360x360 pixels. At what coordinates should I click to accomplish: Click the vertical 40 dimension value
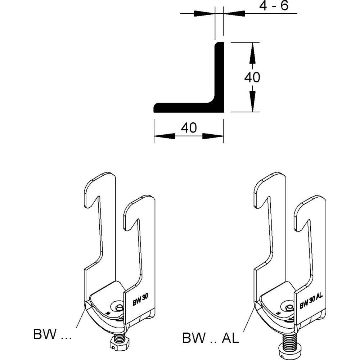coord(252,77)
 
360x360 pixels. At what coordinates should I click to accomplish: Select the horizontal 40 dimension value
coord(189,128)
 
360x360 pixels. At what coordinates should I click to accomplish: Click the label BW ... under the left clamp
coord(53,335)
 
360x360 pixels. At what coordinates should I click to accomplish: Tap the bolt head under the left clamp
coord(119,345)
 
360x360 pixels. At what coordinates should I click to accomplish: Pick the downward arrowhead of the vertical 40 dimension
coord(253,104)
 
